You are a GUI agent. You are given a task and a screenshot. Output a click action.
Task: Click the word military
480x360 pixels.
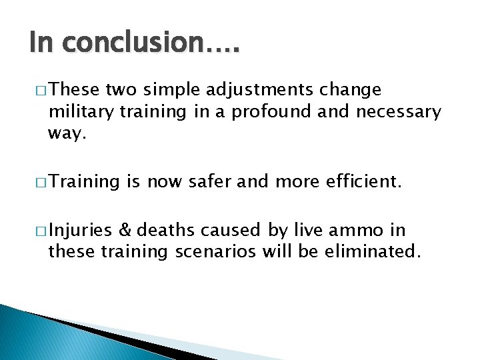[x=81, y=111]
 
